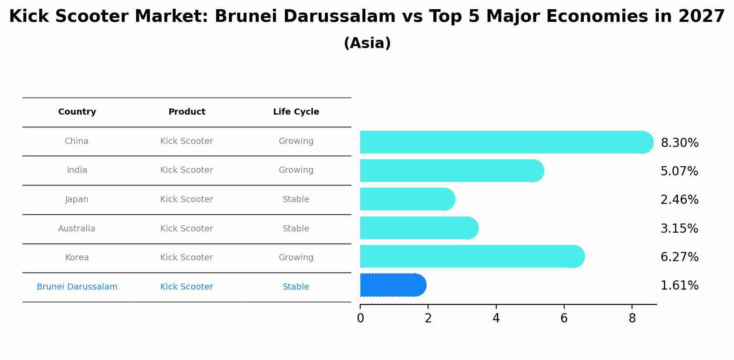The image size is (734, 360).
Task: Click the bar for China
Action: click(x=506, y=142)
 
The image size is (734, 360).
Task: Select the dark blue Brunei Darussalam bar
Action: click(x=392, y=285)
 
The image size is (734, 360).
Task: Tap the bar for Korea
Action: click(x=471, y=256)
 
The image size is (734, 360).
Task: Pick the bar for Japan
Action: click(x=407, y=199)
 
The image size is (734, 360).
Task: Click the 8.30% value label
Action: click(x=679, y=143)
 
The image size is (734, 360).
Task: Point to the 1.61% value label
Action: click(x=679, y=286)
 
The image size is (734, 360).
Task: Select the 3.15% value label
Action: click(x=679, y=229)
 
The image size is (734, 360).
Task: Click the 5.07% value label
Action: click(x=679, y=171)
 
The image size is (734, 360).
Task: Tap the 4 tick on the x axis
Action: click(x=496, y=318)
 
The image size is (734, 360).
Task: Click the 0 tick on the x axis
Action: click(x=360, y=318)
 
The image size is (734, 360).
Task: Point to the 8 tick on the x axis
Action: click(x=632, y=318)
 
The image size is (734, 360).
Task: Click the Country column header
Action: click(x=77, y=112)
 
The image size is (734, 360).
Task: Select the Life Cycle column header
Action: click(x=296, y=112)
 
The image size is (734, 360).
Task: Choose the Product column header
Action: click(x=187, y=112)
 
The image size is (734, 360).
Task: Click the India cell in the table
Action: click(x=77, y=170)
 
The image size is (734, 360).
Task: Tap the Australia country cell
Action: click(x=77, y=229)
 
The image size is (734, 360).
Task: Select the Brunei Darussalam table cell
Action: click(x=77, y=287)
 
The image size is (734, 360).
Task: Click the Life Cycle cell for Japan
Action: click(x=296, y=199)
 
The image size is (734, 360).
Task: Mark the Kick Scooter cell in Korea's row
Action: click(x=186, y=258)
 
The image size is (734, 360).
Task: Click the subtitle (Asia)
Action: click(x=367, y=43)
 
